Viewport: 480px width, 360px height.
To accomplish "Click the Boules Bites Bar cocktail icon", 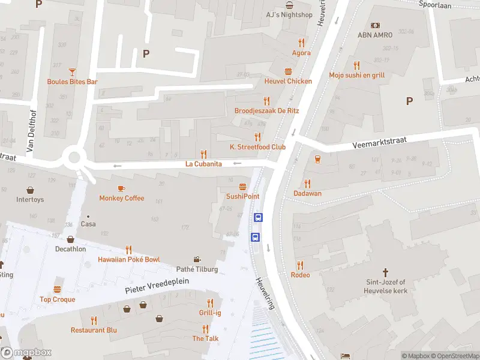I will (73, 71).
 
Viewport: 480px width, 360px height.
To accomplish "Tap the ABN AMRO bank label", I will (375, 35).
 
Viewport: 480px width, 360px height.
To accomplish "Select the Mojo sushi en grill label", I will (356, 75).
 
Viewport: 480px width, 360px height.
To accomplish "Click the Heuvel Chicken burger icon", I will (289, 70).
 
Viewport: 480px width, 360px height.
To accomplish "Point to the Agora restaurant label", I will (301, 53).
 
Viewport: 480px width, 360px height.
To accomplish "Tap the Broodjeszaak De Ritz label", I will (266, 111).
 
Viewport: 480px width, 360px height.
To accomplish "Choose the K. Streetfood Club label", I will (257, 147).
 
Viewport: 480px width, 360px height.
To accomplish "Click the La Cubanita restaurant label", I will (203, 164).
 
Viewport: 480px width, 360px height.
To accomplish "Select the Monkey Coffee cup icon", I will (122, 188).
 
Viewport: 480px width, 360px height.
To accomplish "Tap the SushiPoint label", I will (242, 196).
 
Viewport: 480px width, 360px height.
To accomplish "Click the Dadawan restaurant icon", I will (307, 183).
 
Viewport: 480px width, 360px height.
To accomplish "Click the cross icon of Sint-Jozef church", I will (386, 271).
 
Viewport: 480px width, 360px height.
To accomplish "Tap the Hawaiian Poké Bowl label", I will (129, 259).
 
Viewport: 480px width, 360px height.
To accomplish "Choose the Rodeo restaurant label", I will (300, 275).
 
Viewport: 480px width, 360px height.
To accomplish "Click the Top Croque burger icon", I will (58, 289).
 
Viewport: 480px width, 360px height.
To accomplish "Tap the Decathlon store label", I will (70, 249).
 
